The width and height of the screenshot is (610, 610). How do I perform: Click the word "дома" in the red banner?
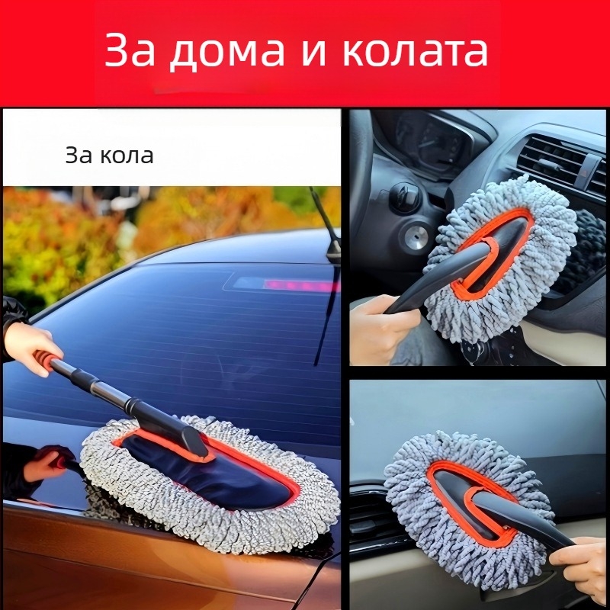pyautogui.click(x=227, y=52)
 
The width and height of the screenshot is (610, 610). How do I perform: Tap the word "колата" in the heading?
pyautogui.click(x=415, y=52)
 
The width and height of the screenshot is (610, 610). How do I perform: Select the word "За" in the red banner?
pyautogui.click(x=130, y=50)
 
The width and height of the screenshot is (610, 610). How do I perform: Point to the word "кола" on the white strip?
pyautogui.click(x=127, y=156)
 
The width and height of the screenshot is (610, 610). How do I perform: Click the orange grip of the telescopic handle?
pyautogui.click(x=46, y=359)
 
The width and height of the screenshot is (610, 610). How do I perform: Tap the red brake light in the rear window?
pyautogui.click(x=300, y=286)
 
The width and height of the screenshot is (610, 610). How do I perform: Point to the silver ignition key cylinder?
pyautogui.click(x=416, y=236)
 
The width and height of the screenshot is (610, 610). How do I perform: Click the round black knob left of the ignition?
pyautogui.click(x=404, y=197)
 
